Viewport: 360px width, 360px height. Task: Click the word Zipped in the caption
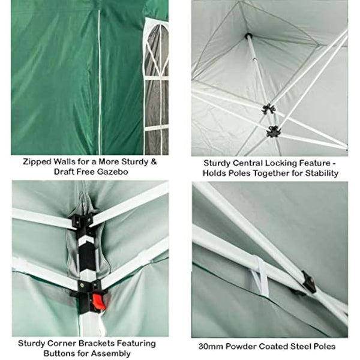point(36,161)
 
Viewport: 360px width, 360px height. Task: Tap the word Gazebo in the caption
point(116,172)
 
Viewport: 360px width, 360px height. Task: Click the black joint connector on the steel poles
point(308,281)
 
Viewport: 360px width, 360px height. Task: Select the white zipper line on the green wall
point(100,78)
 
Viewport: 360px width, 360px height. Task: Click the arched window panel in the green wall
point(157,84)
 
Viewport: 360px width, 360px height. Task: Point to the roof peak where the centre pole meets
point(248,36)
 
